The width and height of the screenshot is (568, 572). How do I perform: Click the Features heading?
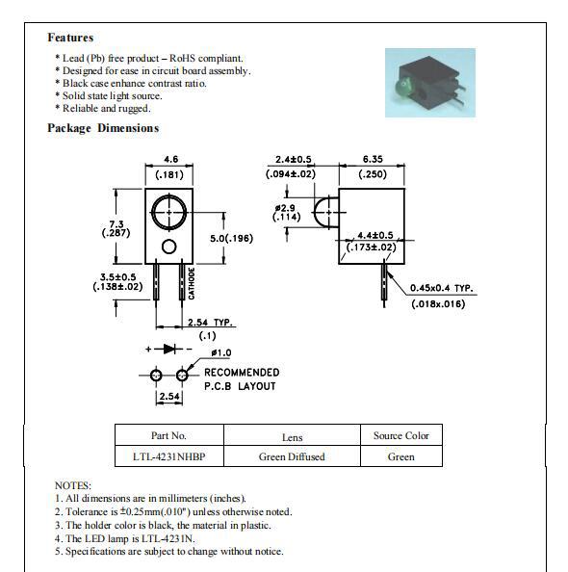point(70,38)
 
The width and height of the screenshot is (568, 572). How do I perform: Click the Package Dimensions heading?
point(103,128)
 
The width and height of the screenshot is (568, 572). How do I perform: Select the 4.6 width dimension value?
point(170,159)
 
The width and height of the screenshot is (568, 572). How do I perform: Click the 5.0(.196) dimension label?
point(232,238)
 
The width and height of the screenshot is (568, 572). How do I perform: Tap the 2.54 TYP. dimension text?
point(210,323)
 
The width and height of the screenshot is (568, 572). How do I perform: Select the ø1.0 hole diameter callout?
point(220,353)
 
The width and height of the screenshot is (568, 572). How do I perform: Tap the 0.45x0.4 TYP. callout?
point(441,288)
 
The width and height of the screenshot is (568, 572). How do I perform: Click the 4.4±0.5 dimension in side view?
point(374,235)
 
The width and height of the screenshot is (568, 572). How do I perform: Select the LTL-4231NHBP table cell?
point(168,456)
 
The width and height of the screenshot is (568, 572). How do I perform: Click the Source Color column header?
point(400,435)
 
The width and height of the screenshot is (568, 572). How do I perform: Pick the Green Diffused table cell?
point(292,456)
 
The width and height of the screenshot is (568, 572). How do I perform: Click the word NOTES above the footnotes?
point(73,485)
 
